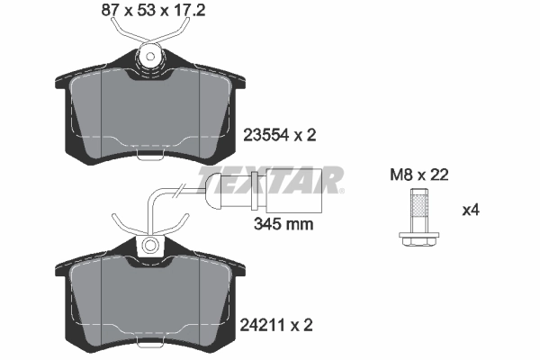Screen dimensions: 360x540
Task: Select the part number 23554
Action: (x=265, y=136)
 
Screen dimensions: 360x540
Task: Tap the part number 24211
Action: (x=264, y=322)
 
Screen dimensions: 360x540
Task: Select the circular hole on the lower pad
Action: (x=150, y=245)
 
